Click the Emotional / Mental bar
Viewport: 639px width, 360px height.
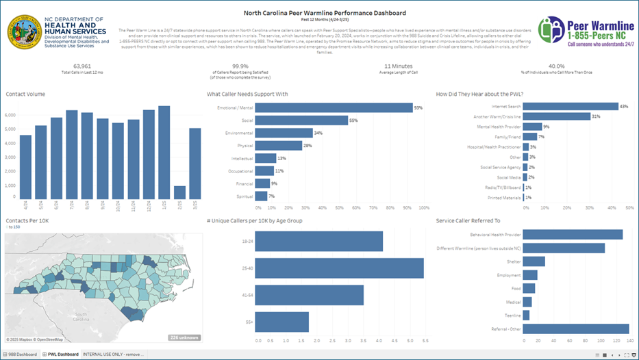334,107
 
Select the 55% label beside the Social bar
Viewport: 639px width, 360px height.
353,120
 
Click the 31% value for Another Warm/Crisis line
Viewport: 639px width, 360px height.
596,116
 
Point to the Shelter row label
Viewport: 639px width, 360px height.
513,261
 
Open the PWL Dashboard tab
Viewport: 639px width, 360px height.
60,354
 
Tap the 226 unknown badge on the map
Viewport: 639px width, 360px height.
184,337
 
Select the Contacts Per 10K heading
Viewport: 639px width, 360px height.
27,220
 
